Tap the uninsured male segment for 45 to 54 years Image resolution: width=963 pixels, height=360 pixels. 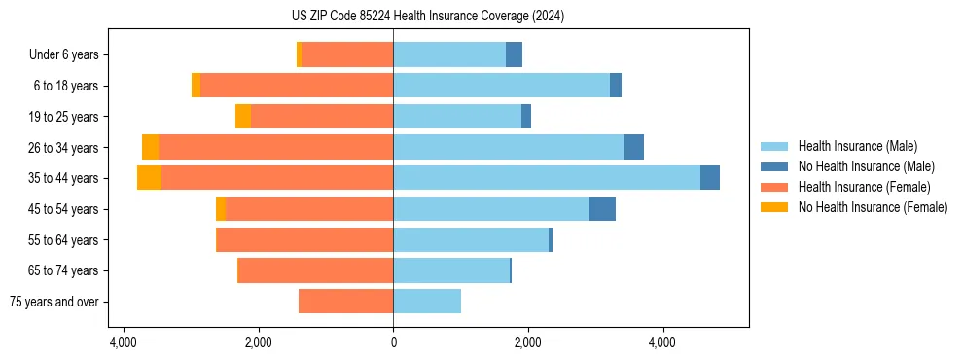pos(602,209)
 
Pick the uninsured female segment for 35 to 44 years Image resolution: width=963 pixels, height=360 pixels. pos(149,178)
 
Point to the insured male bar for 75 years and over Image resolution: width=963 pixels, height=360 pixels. pos(427,302)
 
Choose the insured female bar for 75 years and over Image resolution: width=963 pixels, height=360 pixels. pos(345,302)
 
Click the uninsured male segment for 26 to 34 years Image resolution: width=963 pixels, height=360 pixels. pos(633,147)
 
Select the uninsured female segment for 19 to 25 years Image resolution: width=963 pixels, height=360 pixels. pos(243,117)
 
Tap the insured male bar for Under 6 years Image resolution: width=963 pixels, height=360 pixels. pos(449,54)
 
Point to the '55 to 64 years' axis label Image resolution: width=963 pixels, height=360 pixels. pos(64,239)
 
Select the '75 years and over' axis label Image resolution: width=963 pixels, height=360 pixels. pos(54,302)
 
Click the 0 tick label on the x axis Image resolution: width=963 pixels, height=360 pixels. pos(393,343)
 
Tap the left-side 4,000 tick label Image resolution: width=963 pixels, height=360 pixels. pos(124,343)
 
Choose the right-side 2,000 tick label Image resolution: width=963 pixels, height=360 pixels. pos(528,343)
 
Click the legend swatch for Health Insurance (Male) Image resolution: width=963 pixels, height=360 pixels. pos(774,146)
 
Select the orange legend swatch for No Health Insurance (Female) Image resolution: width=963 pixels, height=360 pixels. pos(774,207)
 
